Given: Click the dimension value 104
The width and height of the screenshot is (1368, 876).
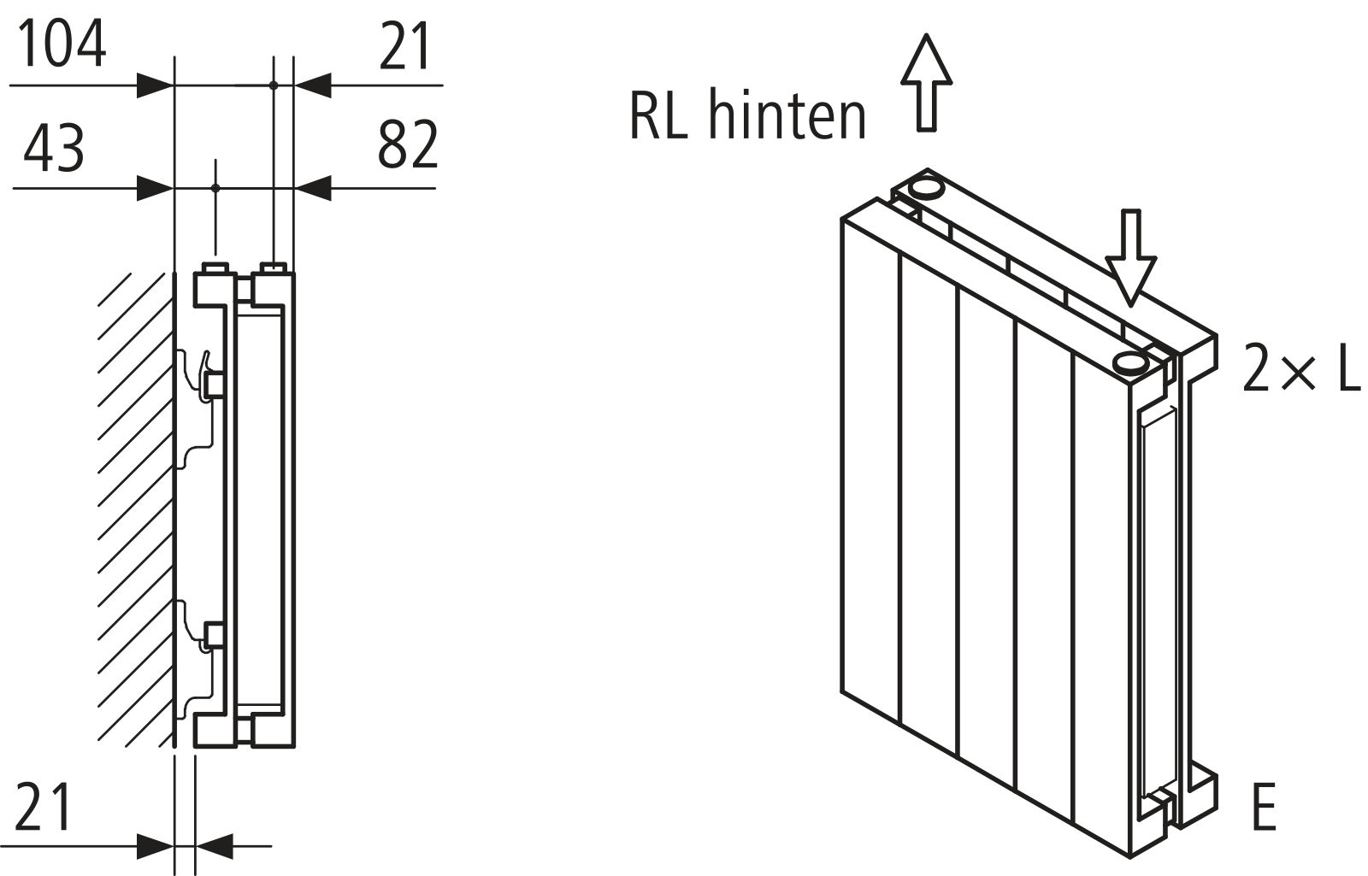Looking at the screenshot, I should coord(62,44).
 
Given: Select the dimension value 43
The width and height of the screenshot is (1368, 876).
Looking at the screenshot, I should coord(54,149).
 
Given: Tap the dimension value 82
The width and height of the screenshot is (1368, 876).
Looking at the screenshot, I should coord(408,144).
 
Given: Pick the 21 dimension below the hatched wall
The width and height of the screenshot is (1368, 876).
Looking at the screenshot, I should coord(42,808).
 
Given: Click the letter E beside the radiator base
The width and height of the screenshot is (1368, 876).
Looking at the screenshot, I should coord(1263,808).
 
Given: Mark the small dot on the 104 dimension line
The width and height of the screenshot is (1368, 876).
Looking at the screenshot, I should coord(274,85).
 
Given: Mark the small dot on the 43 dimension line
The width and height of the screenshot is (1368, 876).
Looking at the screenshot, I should coord(215,187).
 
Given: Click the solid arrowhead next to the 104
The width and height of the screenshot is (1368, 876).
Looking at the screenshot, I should coord(156,85).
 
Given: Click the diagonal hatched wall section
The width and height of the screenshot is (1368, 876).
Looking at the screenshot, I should coord(133,504).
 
